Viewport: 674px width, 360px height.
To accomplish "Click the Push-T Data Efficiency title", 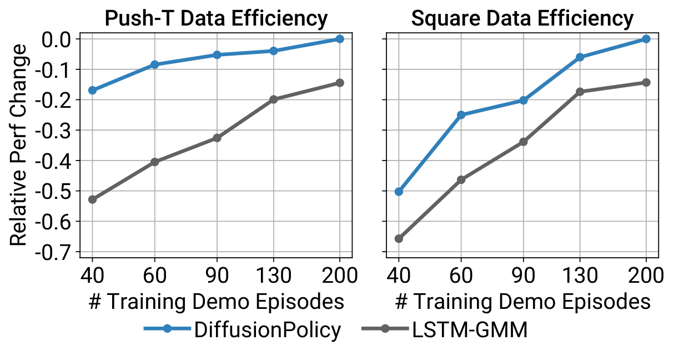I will tap(216, 19).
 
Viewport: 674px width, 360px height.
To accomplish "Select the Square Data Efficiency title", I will tap(522, 19).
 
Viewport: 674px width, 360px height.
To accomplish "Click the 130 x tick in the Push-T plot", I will tap(273, 275).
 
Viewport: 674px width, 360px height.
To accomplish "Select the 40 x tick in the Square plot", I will tap(399, 275).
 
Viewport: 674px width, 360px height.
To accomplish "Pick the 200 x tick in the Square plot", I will tap(646, 275).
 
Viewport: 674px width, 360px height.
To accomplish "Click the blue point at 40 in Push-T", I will tap(92, 90).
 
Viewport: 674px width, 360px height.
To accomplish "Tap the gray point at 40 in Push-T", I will tap(92, 199).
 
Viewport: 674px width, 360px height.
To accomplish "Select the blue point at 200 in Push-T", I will tap(340, 39).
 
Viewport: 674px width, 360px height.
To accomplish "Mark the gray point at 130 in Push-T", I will tap(273, 99).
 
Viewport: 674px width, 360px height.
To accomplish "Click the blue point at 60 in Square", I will tap(461, 115).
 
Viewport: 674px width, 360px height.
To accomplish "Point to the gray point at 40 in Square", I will tap(399, 239).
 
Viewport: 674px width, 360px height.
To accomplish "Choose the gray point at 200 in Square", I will tap(646, 82).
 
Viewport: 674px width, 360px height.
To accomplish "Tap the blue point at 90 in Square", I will tap(523, 101).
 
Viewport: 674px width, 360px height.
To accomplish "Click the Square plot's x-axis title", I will tap(522, 302).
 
